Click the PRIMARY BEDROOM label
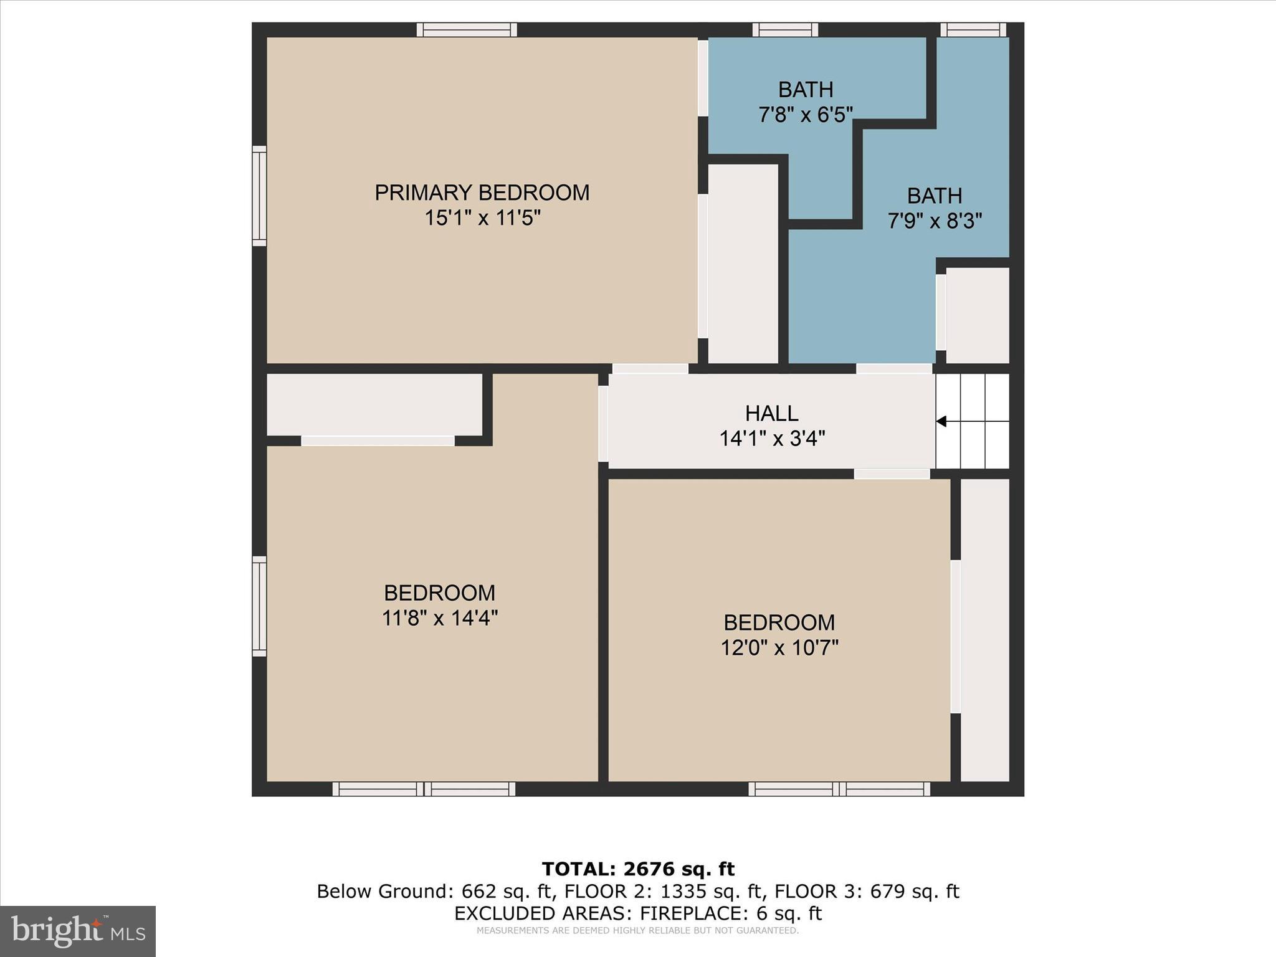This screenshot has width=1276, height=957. tap(482, 193)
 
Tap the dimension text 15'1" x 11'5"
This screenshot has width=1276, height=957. tap(482, 219)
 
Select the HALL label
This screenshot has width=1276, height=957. tap(771, 413)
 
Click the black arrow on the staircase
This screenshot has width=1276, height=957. tap(941, 422)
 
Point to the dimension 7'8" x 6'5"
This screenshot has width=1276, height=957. tap(805, 115)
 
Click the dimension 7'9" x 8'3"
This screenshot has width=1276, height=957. tap(934, 221)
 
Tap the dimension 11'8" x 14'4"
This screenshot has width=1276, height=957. tap(439, 618)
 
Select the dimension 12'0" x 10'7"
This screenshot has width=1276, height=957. tap(779, 648)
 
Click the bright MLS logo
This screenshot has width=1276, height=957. tap(78, 931)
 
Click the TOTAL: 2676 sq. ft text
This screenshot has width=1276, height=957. tap(638, 869)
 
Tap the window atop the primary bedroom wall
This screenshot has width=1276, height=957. tap(467, 30)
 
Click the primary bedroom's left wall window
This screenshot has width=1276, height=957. tap(259, 196)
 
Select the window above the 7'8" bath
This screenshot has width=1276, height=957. tap(784, 30)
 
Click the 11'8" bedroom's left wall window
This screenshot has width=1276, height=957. tap(259, 606)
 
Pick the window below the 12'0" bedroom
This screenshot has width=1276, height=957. tap(839, 789)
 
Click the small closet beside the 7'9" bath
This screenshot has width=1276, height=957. tap(977, 315)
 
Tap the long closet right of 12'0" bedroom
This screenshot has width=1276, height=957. tap(984, 629)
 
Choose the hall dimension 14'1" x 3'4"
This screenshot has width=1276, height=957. tap(771, 439)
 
